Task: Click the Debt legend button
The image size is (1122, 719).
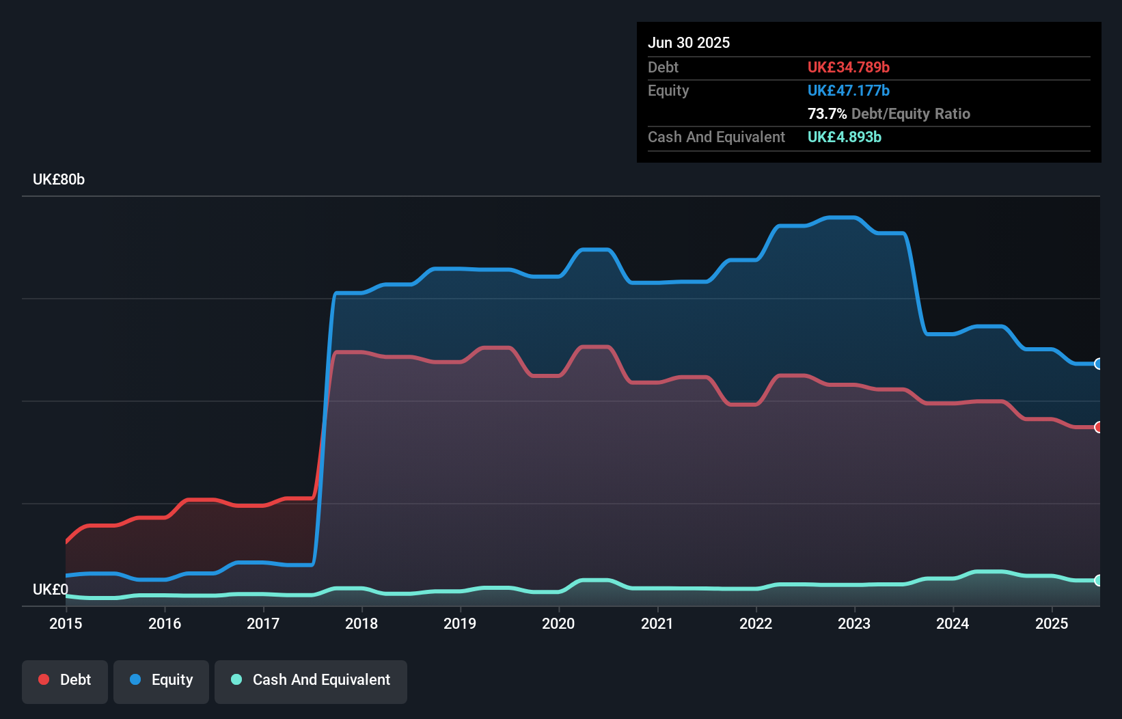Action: [x=65, y=680]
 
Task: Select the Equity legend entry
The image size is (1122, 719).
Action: [x=161, y=680]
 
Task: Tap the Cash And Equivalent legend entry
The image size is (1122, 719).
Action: [x=311, y=680]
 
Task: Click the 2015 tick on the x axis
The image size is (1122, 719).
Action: [x=66, y=623]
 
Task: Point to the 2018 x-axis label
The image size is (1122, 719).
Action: [x=361, y=623]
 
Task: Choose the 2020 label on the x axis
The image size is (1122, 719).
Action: [x=558, y=623]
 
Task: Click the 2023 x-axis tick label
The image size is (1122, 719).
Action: [x=854, y=623]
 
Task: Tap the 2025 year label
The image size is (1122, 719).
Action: [x=1051, y=623]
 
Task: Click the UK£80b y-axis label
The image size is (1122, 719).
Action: [x=59, y=180]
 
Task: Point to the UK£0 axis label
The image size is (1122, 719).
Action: [x=51, y=589]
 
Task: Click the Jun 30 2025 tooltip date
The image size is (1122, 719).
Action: [x=689, y=43]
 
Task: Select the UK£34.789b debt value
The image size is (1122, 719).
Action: [x=848, y=68]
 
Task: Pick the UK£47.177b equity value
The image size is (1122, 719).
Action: [x=848, y=91]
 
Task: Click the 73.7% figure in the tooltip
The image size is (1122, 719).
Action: [x=827, y=114]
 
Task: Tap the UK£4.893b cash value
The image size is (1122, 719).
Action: [x=844, y=137]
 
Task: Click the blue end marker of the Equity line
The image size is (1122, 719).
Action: [x=1098, y=364]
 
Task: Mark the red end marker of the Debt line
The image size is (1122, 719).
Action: [x=1098, y=427]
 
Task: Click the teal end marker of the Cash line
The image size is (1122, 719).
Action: [x=1098, y=580]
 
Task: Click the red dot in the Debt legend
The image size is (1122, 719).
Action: [x=44, y=679]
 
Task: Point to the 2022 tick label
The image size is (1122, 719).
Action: [x=756, y=623]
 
